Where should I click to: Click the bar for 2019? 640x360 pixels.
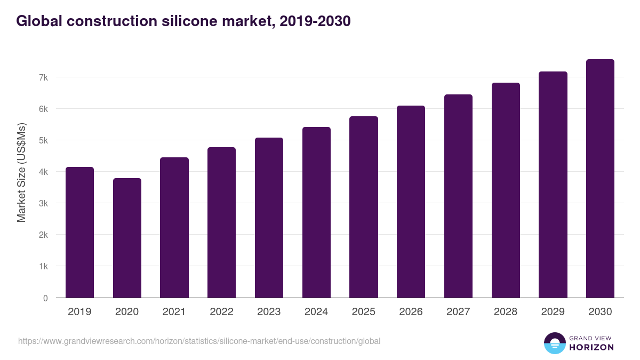click(x=79, y=233)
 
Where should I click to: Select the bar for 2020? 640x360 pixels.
click(x=127, y=238)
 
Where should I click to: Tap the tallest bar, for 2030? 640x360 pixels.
click(x=600, y=179)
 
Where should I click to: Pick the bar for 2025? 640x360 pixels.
click(x=364, y=207)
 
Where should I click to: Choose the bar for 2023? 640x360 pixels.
click(x=269, y=218)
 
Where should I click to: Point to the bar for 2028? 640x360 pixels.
click(x=506, y=190)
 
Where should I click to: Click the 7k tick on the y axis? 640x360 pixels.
click(x=43, y=77)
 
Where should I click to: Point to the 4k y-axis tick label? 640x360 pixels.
click(x=43, y=172)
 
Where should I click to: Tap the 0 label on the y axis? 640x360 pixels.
click(x=45, y=298)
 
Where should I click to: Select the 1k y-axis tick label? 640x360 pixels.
click(x=43, y=266)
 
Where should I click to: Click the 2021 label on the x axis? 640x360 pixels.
click(x=174, y=312)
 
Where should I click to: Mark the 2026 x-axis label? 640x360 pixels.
click(x=411, y=312)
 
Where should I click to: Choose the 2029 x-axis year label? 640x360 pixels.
click(x=553, y=312)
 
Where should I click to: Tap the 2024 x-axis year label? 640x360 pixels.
click(x=316, y=312)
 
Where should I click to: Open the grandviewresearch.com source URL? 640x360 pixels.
click(x=199, y=341)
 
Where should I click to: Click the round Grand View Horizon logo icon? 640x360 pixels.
click(x=554, y=343)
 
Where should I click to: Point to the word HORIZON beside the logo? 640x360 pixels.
click(x=592, y=347)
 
